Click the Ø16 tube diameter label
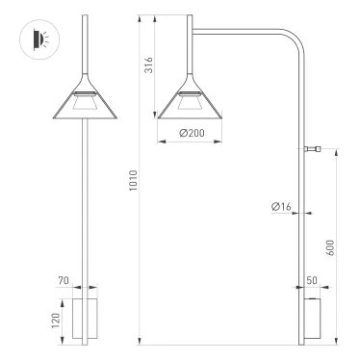(x=282, y=205)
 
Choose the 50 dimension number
(x=313, y=278)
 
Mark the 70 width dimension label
(x=64, y=281)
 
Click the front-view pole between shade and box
(x=88, y=202)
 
